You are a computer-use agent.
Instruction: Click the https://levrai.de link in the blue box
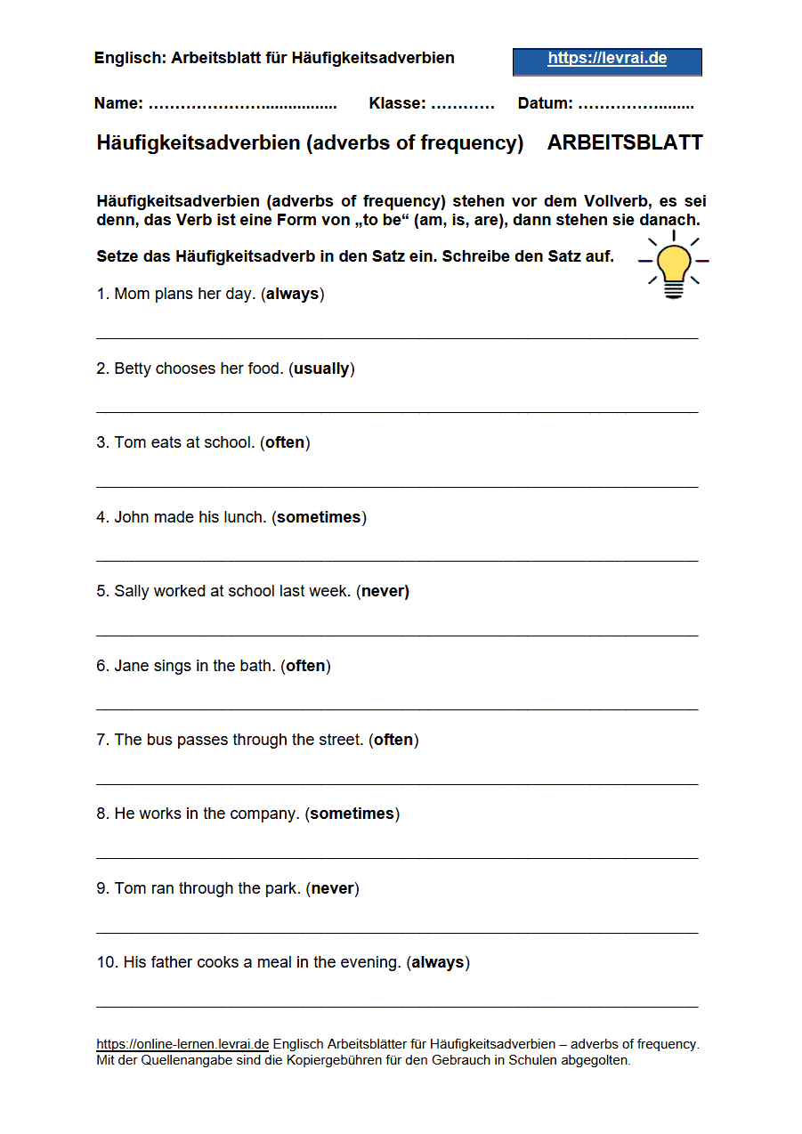(x=607, y=60)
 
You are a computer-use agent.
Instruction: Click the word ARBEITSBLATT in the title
(x=625, y=143)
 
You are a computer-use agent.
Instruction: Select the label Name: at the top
(x=118, y=104)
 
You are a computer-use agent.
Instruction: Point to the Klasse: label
(x=397, y=104)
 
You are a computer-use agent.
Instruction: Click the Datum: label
(x=545, y=104)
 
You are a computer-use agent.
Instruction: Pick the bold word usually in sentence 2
(x=321, y=369)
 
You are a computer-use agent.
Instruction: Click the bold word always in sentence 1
(x=292, y=294)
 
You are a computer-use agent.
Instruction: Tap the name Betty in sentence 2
(x=133, y=369)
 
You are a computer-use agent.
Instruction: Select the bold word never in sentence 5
(x=385, y=591)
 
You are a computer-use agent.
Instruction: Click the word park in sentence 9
(x=283, y=888)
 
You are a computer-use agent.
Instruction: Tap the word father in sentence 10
(x=172, y=962)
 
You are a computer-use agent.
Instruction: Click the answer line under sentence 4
(x=397, y=561)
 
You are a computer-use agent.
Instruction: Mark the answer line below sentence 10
(x=397, y=1006)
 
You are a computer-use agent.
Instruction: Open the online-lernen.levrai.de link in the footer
(x=182, y=1044)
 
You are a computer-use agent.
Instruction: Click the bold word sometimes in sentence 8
(x=352, y=814)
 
